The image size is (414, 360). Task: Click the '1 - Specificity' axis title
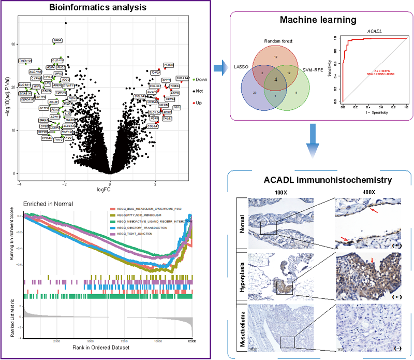click(373, 113)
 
